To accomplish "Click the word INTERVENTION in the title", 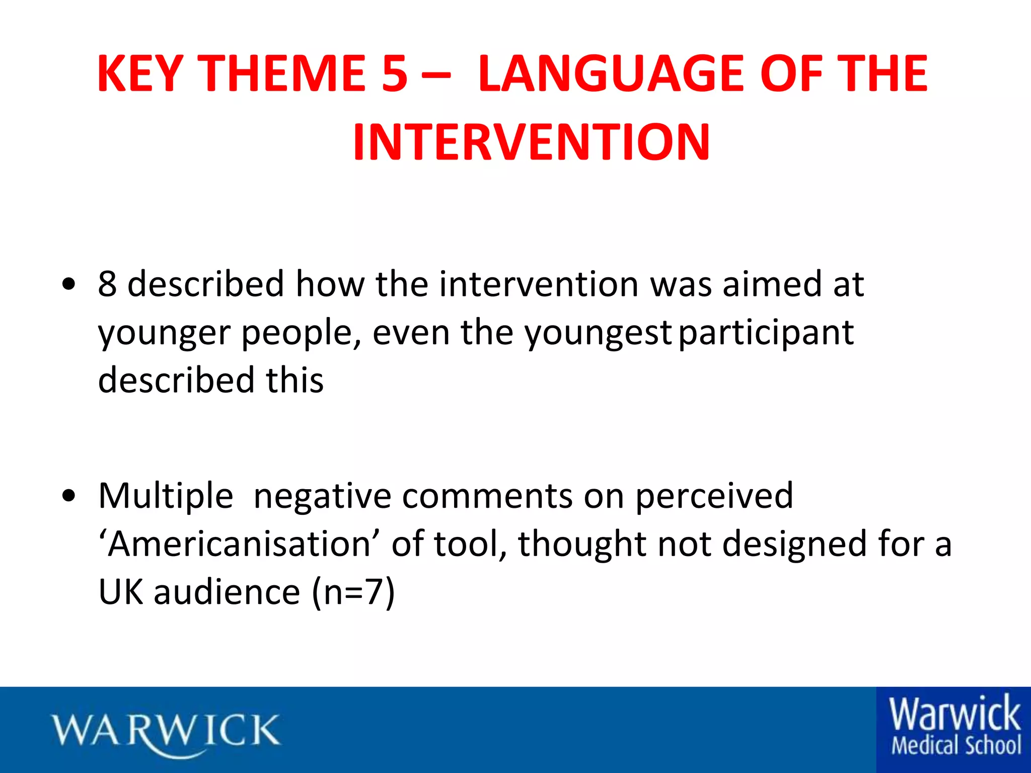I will click(x=531, y=143).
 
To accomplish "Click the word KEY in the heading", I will click(x=140, y=74).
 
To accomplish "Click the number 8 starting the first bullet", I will click(x=107, y=284).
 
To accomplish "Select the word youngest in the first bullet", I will click(x=598, y=334).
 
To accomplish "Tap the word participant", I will click(x=766, y=334).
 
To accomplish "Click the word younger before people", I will click(x=164, y=334).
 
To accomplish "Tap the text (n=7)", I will click(x=353, y=592).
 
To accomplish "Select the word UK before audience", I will click(x=121, y=592).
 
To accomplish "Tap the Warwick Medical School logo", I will click(x=954, y=728).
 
